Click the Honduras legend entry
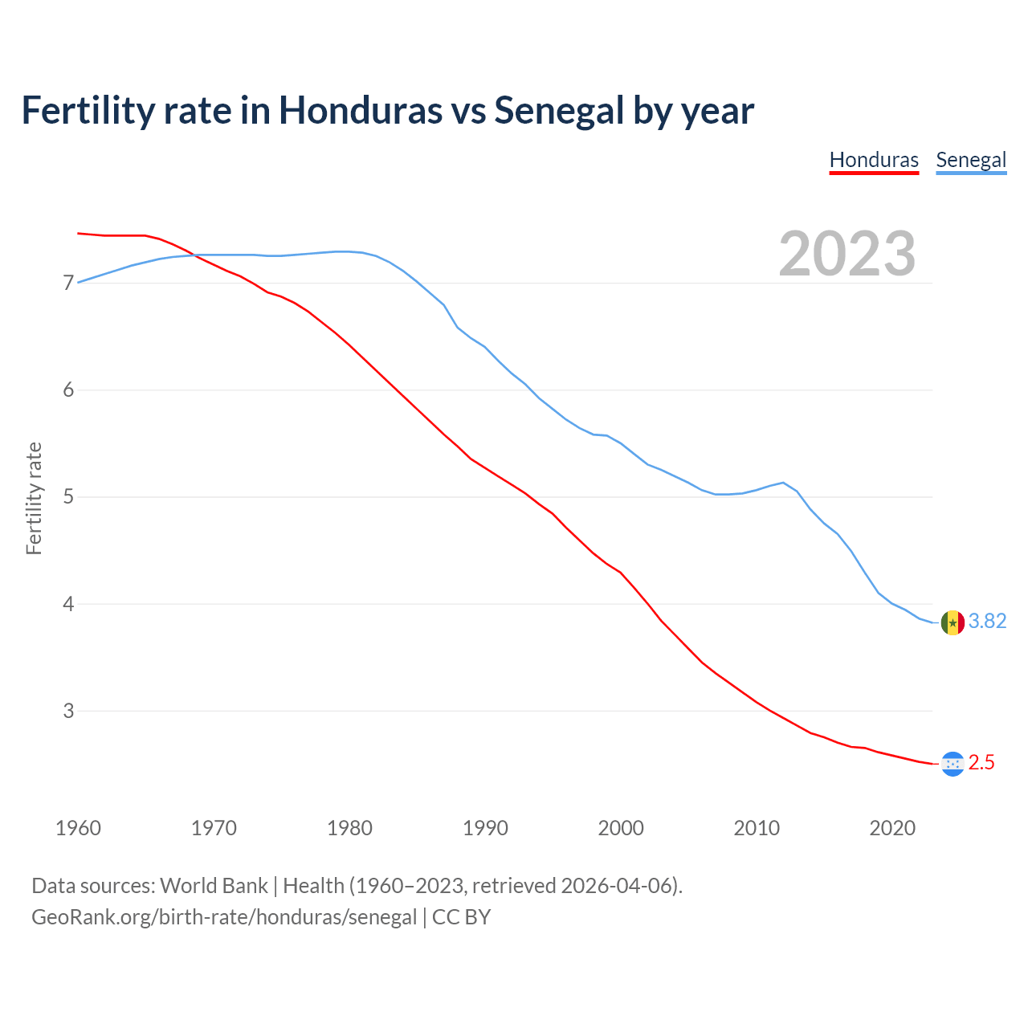tap(874, 160)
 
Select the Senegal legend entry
tap(971, 160)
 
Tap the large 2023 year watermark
tap(847, 254)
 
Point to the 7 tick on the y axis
tap(68, 284)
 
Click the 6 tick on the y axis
tap(68, 390)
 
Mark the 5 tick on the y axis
tap(68, 497)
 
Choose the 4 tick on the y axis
tap(68, 604)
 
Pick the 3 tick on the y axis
tap(68, 711)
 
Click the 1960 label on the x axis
tap(78, 828)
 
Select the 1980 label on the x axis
tap(349, 828)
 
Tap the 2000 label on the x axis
tap(621, 828)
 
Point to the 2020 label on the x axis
tap(892, 828)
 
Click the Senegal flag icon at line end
tap(952, 622)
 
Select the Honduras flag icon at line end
tap(952, 764)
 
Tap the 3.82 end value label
tap(987, 622)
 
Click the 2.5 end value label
tap(981, 763)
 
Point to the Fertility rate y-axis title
tap(34, 498)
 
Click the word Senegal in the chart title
tap(559, 110)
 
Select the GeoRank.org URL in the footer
tap(224, 917)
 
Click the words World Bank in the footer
tap(214, 886)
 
